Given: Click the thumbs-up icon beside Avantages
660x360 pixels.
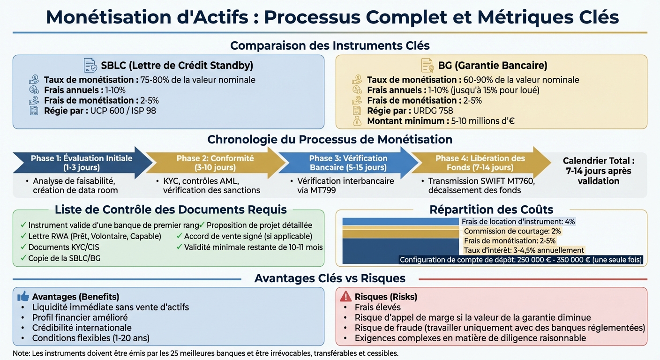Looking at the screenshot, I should pyautogui.click(x=23, y=296).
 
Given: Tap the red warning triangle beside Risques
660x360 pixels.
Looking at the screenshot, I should pyautogui.click(x=345, y=296).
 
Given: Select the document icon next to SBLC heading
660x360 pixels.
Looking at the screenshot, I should pyautogui.click(x=90, y=65).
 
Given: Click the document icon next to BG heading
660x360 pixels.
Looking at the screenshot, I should pyautogui.click(x=427, y=65).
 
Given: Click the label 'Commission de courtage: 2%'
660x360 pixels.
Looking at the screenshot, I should pyautogui.click(x=512, y=231).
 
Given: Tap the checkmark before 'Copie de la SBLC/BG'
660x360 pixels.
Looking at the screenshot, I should pyautogui.click(x=23, y=258).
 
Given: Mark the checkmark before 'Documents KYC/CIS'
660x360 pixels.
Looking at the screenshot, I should pyautogui.click(x=23, y=247).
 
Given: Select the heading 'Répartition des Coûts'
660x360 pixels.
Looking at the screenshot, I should pyautogui.click(x=491, y=210).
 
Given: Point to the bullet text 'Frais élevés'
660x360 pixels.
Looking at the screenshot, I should pyautogui.click(x=378, y=307).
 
